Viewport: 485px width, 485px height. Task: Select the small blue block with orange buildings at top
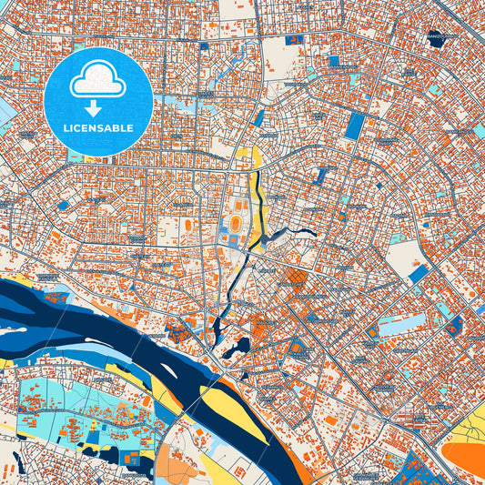[x=296, y=40]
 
